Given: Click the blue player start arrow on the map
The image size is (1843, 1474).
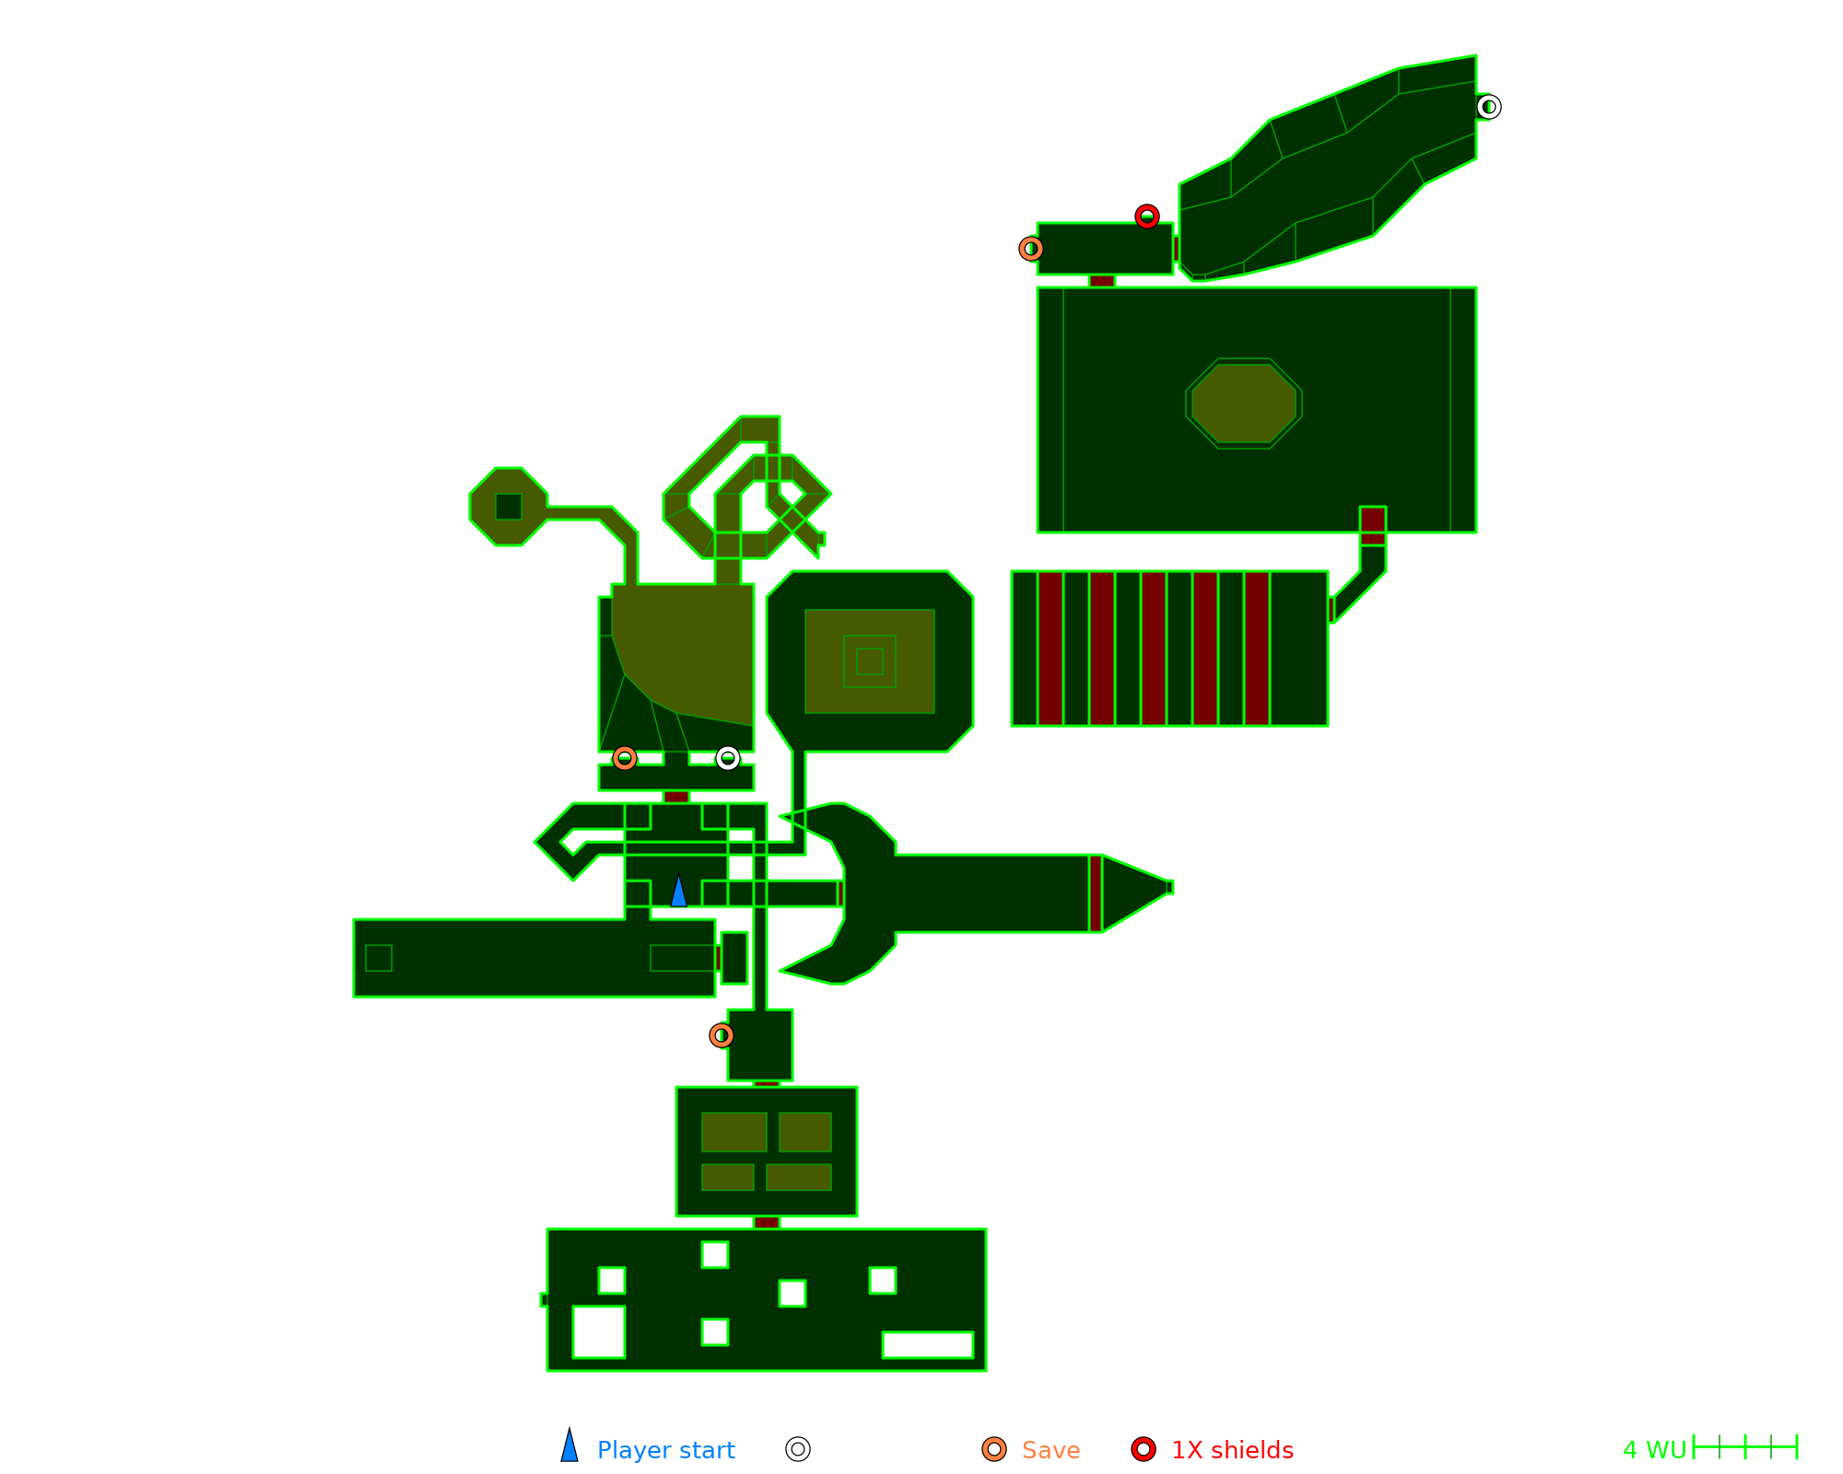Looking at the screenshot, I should click(678, 892).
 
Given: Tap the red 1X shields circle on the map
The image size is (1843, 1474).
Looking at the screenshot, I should click(1146, 216).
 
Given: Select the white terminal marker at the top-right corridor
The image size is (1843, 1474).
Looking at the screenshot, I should click(1488, 108).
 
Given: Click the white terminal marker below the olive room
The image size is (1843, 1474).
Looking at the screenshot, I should click(728, 758).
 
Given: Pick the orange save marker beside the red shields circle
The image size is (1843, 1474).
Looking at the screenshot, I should click(1031, 249).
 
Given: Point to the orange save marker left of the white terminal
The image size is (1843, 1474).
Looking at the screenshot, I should click(625, 758).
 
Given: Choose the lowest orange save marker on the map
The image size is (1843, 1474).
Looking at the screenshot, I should click(722, 1035).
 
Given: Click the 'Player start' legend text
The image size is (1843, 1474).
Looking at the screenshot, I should click(665, 1450).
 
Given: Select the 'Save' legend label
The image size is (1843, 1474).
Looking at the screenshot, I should click(1051, 1450).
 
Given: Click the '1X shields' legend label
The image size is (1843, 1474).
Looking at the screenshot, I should click(1232, 1450).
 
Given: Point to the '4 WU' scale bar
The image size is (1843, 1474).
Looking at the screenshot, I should click(1744, 1447).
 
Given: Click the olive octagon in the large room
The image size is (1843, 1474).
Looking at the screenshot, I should click(1244, 404).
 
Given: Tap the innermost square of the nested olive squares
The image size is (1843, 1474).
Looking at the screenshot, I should click(869, 661).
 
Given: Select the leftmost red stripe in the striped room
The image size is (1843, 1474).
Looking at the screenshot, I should click(1051, 649).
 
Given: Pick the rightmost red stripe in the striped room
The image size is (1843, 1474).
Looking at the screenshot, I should click(1257, 649).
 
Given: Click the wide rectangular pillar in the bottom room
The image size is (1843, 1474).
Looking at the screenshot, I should click(927, 1345).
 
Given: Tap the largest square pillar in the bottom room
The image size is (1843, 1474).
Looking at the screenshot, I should click(599, 1332).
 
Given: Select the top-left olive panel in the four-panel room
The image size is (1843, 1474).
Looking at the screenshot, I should click(734, 1131).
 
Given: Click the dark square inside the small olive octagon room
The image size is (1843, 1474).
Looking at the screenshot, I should click(509, 507).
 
